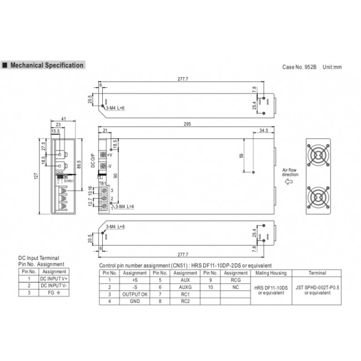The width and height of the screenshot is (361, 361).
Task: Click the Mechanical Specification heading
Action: (47, 66)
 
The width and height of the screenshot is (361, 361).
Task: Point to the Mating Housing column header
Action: (270, 273)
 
